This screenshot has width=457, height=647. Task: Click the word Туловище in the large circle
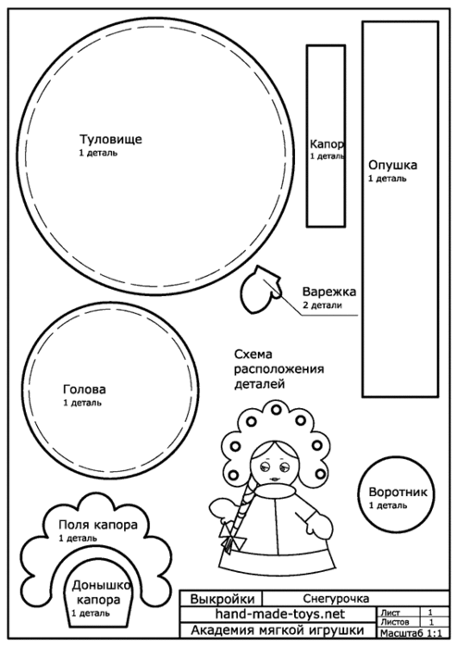click(110, 139)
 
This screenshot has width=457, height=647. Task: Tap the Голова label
click(84, 389)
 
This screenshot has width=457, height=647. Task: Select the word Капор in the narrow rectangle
click(327, 144)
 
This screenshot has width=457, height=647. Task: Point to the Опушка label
click(392, 165)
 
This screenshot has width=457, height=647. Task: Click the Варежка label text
click(329, 292)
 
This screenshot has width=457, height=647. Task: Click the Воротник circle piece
click(396, 496)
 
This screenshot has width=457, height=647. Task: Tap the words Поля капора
click(98, 525)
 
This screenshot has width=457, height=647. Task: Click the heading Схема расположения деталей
click(279, 369)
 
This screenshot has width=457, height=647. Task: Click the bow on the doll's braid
click(232, 536)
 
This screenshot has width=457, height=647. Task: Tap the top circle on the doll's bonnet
click(276, 410)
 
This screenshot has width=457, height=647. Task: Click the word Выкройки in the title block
click(222, 599)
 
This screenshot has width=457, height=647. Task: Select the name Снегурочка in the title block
click(336, 598)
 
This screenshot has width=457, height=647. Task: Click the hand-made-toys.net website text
click(280, 614)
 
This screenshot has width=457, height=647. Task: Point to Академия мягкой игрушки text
click(278, 630)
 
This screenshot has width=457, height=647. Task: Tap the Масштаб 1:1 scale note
click(411, 633)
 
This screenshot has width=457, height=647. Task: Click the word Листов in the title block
click(395, 622)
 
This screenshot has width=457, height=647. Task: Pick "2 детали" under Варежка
click(322, 305)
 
